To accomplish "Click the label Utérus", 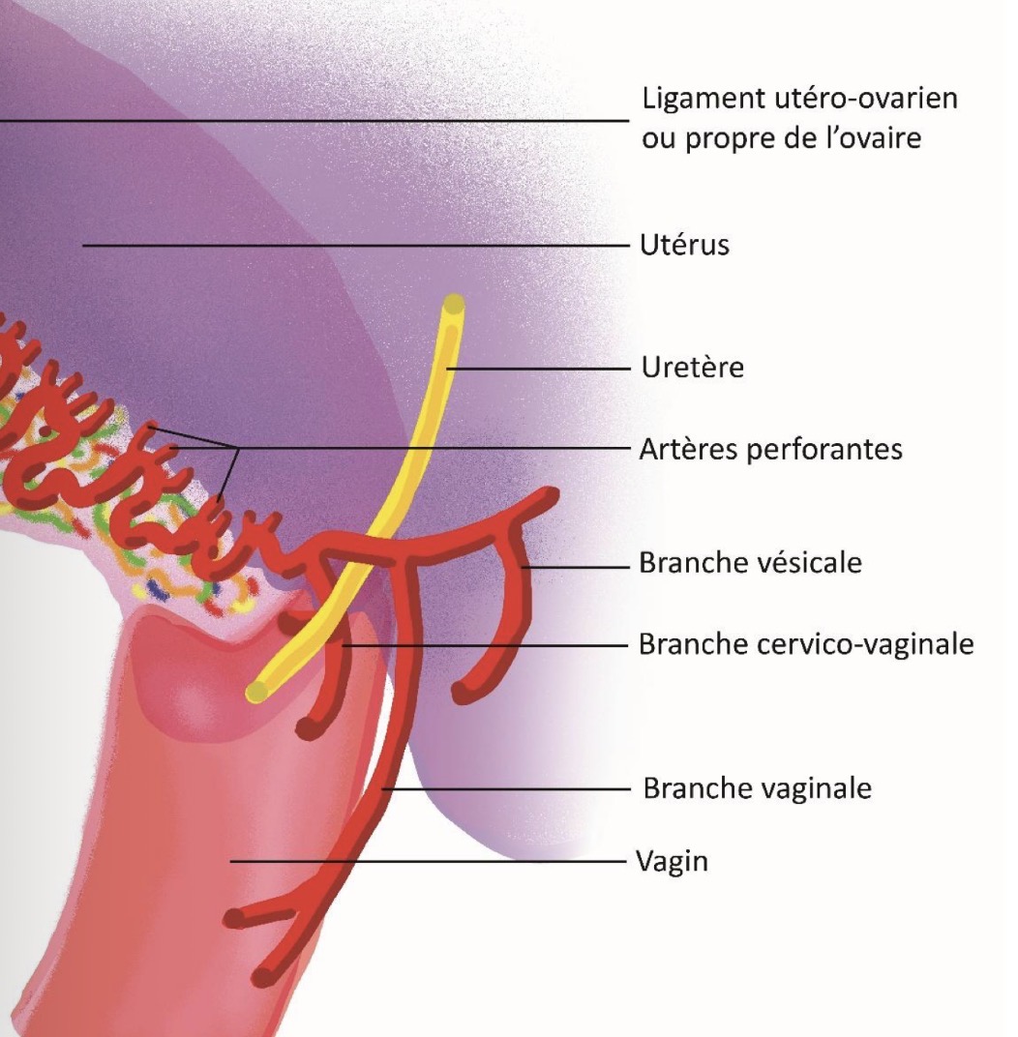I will pyautogui.click(x=684, y=245).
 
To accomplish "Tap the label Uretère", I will pyautogui.click(x=692, y=368).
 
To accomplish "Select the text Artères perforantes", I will pyautogui.click(x=770, y=449).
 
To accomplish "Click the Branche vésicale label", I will pyautogui.click(x=750, y=562).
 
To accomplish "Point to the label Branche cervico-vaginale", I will pyautogui.click(x=806, y=643).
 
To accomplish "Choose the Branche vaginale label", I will pyautogui.click(x=757, y=788).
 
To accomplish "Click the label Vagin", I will pyautogui.click(x=672, y=860).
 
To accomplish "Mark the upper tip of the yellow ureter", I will pyautogui.click(x=453, y=305).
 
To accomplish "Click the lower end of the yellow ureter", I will pyautogui.click(x=257, y=691).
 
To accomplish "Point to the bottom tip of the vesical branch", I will pyautogui.click(x=464, y=692).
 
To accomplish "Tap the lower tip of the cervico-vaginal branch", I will pyautogui.click(x=308, y=727).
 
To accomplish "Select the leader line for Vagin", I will pyautogui.click(x=426, y=860).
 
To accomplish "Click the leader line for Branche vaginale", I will pyautogui.click(x=503, y=789).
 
